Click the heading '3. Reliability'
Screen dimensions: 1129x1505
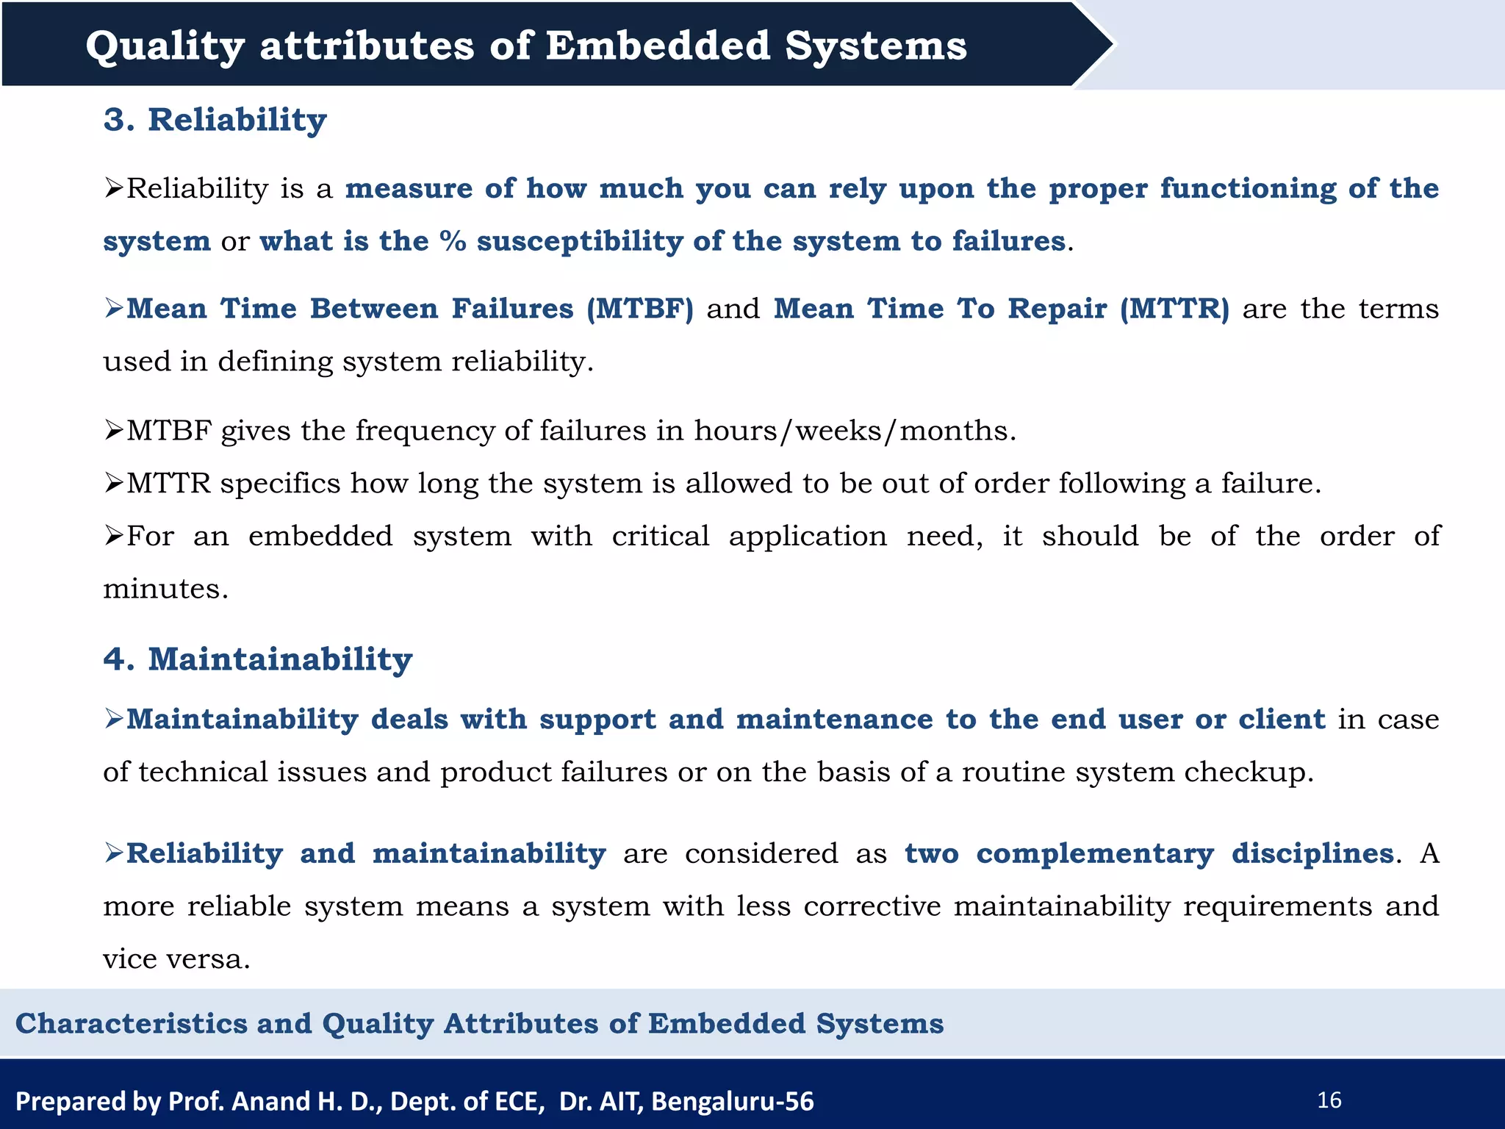click(x=215, y=120)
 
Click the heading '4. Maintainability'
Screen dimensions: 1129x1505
click(x=258, y=659)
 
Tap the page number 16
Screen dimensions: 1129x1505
click(x=1329, y=1100)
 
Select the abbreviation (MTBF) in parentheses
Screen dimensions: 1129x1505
click(x=640, y=309)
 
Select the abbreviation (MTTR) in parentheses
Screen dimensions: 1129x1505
click(x=1174, y=309)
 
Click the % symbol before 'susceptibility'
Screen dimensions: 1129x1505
click(x=453, y=242)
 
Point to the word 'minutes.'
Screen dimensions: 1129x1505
click(x=166, y=589)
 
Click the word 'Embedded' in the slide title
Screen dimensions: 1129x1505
click(x=658, y=46)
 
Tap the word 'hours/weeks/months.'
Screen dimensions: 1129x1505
click(x=855, y=431)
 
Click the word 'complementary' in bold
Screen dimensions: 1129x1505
click(x=1095, y=854)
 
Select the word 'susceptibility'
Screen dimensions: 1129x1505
click(x=580, y=242)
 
